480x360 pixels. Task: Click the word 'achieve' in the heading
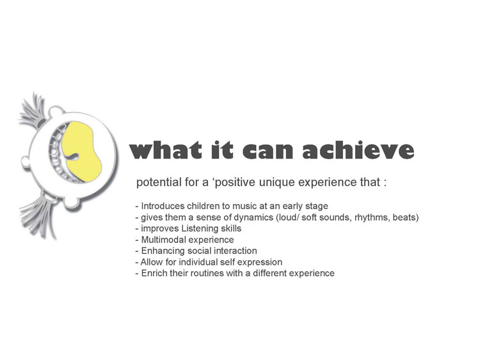[x=358, y=150]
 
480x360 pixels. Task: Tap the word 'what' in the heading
[x=166, y=150]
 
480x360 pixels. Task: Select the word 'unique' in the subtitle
[x=277, y=182]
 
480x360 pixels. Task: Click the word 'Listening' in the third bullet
[x=200, y=228]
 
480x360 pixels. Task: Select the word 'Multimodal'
[x=163, y=240]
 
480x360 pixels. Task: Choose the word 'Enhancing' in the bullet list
[x=163, y=251]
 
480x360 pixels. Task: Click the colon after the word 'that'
[x=385, y=184]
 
